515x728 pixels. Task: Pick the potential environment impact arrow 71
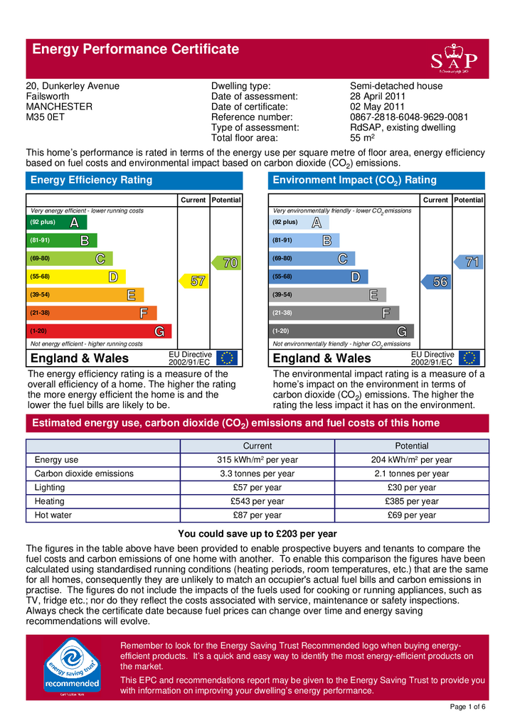click(470, 262)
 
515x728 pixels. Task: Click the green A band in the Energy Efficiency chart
click(53, 223)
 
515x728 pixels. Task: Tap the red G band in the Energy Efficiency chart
click(99, 331)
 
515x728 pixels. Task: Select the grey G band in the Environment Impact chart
click(341, 331)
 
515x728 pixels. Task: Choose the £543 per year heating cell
click(257, 501)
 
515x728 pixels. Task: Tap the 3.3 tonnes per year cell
click(257, 473)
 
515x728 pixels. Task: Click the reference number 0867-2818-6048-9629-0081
click(408, 117)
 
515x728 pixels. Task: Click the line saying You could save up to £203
click(257, 534)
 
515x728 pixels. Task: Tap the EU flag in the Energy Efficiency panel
click(228, 358)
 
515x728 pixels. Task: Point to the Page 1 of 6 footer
click(469, 707)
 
